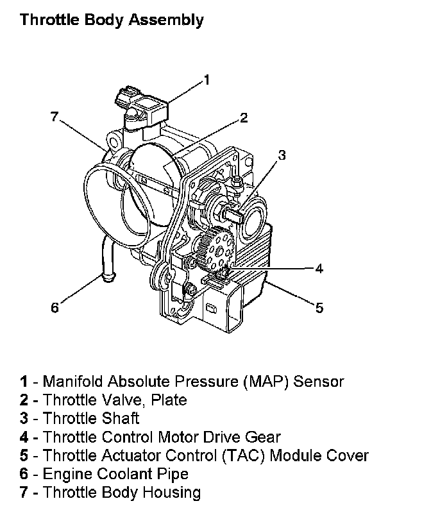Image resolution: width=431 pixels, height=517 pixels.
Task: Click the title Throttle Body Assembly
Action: click(x=112, y=20)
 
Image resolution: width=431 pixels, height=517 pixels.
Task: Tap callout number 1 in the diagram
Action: click(x=206, y=80)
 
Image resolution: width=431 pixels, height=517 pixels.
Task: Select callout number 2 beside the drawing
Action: click(x=244, y=117)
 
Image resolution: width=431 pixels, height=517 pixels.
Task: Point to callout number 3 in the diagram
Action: click(x=282, y=155)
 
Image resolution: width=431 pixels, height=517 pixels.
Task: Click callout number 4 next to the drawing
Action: click(x=319, y=268)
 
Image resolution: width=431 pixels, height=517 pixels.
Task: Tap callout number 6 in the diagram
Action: click(x=55, y=308)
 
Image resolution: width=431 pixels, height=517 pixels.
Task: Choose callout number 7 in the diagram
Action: click(x=55, y=116)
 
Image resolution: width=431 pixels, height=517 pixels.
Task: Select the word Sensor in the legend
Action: click(x=319, y=382)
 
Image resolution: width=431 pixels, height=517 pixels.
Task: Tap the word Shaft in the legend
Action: click(x=120, y=419)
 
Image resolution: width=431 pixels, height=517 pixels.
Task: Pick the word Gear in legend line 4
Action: click(x=264, y=437)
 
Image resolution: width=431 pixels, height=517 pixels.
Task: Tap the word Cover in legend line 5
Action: click(x=349, y=456)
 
